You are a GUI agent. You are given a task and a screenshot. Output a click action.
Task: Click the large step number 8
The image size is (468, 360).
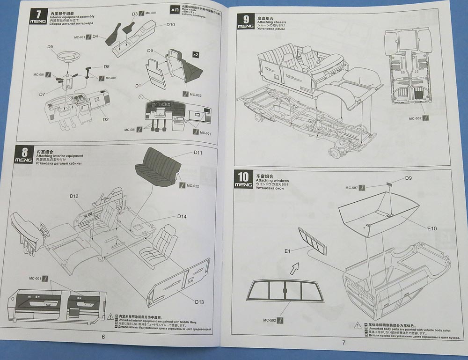[x=24, y=151]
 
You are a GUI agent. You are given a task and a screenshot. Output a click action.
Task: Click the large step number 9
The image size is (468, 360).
[x=245, y=20]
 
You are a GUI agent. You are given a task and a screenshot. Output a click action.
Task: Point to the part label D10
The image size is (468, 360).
[x=170, y=24]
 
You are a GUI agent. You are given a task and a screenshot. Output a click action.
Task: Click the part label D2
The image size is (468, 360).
[x=105, y=119]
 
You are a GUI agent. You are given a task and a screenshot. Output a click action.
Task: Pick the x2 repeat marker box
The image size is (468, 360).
[x=195, y=55]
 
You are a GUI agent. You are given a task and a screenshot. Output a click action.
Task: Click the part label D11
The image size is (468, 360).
[x=197, y=153]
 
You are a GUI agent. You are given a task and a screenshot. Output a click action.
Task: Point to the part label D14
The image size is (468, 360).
[x=182, y=216]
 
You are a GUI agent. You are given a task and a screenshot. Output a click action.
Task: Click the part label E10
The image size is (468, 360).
[x=431, y=228]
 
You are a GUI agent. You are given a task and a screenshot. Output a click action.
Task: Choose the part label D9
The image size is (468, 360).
[x=408, y=178]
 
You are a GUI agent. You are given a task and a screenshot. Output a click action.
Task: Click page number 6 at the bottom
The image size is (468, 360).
[x=103, y=336]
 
